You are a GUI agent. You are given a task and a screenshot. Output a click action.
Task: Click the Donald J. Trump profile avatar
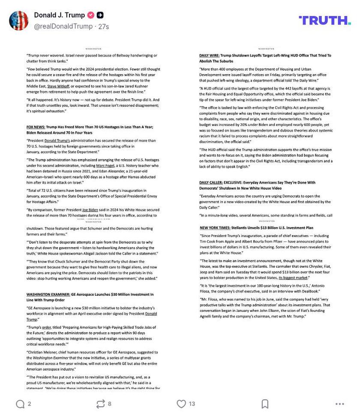pyautogui.click(x=19, y=21)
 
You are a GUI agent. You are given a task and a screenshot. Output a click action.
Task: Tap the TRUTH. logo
pyautogui.click(x=324, y=20)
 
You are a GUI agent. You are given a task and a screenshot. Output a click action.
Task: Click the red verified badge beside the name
pyautogui.click(x=91, y=15)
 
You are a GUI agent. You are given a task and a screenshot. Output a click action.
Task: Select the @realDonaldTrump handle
pyautogui.click(x=63, y=27)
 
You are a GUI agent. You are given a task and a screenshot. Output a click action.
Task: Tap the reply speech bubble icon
pyautogui.click(x=20, y=404)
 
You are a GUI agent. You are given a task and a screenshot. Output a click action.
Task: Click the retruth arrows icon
pyautogui.click(x=100, y=404)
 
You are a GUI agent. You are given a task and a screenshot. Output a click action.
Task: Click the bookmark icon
pyautogui.click(x=265, y=404)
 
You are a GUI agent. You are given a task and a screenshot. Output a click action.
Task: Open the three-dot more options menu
pyautogui.click(x=339, y=404)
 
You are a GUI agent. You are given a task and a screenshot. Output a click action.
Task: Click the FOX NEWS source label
pyautogui.click(x=36, y=127)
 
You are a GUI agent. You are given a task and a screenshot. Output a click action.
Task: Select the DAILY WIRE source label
pyautogui.click(x=209, y=55)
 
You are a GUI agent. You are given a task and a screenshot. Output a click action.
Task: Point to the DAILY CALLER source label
pyautogui.click(x=210, y=182)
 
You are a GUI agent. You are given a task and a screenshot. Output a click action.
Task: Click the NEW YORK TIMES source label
pyautogui.click(x=215, y=228)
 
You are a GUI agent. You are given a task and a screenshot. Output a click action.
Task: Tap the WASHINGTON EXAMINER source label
pyautogui.click(x=48, y=295)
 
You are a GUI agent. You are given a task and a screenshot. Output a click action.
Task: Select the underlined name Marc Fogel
pyautogui.click(x=105, y=166)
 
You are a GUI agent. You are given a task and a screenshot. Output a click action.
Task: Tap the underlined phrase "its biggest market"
pyautogui.click(x=293, y=278)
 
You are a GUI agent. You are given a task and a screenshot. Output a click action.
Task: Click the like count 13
pyautogui.click(x=192, y=404)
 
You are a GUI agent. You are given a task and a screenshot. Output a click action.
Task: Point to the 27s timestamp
pyautogui.click(x=104, y=27)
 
